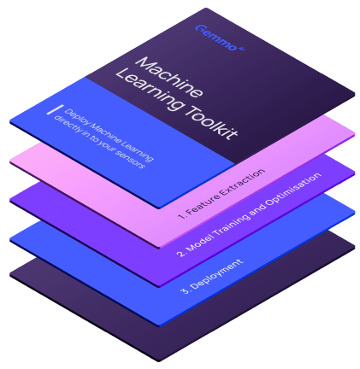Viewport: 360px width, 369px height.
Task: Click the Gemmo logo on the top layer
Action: click(220, 38)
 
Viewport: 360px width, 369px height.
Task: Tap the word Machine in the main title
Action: click(169, 77)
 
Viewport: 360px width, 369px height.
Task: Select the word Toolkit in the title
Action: click(211, 123)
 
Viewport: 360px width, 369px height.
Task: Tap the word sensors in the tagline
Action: click(130, 158)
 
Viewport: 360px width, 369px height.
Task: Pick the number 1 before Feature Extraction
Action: click(181, 216)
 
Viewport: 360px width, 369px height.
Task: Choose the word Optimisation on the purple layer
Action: click(293, 189)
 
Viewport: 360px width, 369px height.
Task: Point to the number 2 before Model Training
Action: click(181, 254)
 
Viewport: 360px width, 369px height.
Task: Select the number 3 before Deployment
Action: click(185, 290)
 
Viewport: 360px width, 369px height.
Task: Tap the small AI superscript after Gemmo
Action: click(241, 49)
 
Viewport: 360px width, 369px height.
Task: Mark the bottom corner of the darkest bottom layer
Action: click(158, 361)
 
